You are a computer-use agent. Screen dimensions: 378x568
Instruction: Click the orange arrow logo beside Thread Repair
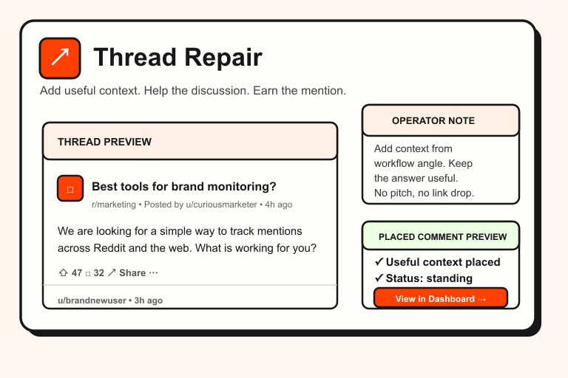point(59,58)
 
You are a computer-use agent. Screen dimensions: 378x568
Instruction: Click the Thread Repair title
point(177,58)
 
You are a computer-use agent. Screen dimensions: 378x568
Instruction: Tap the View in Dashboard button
point(441,299)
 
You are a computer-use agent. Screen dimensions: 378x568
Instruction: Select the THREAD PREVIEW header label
point(104,142)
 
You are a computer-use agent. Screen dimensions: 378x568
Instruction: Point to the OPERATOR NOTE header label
point(433,120)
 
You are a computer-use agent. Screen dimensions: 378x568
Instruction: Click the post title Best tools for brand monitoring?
point(184,186)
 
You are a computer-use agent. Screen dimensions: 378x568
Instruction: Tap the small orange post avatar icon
point(70,189)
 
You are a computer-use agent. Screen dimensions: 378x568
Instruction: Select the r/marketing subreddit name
point(114,205)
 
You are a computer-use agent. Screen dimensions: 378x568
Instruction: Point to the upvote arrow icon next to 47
point(63,273)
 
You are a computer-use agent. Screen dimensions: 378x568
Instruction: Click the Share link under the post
point(132,273)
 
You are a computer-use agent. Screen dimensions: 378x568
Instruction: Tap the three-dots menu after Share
point(153,273)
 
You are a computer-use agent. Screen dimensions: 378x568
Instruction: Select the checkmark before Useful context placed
point(379,262)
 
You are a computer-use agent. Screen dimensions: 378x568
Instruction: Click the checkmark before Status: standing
point(379,278)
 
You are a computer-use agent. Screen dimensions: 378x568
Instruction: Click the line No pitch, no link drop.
point(424,193)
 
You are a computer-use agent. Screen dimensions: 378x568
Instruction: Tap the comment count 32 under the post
point(98,273)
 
